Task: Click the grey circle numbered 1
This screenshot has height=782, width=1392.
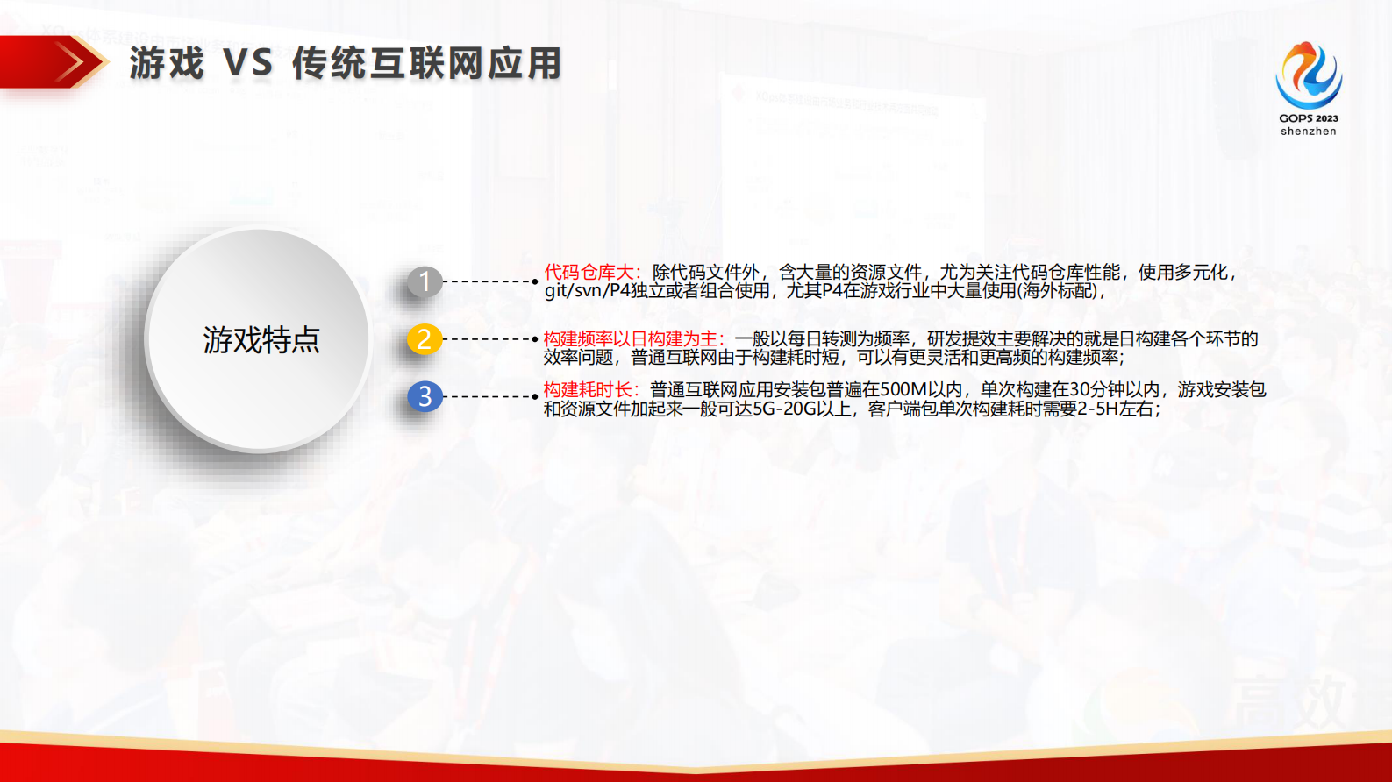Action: (425, 281)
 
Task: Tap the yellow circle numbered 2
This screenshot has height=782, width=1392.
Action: (425, 338)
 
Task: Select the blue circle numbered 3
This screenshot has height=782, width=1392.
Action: (425, 396)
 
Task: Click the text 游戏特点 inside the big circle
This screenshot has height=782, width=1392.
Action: (261, 340)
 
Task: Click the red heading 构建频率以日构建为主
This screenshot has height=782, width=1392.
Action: (632, 339)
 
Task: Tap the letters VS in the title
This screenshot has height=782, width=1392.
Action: (248, 64)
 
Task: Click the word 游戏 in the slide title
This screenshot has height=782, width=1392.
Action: (167, 64)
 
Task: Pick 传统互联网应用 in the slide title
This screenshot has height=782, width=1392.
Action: (426, 64)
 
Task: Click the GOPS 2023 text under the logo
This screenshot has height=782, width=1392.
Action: (1309, 118)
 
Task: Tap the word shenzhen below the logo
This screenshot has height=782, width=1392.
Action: (1309, 132)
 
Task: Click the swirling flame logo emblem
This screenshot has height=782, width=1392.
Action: (1309, 75)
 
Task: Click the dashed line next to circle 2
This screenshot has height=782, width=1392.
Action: (489, 338)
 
